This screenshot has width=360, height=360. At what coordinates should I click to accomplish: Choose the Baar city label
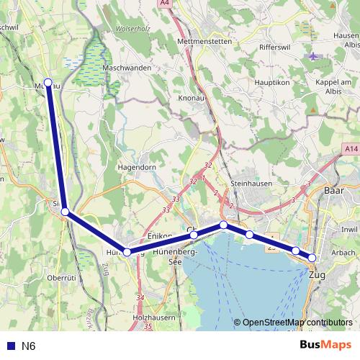[334, 191]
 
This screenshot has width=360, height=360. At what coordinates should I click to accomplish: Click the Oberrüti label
[61, 277]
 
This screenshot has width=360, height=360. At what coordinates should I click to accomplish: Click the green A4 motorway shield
[165, 4]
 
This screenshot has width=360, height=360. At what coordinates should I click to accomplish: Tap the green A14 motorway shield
[351, 148]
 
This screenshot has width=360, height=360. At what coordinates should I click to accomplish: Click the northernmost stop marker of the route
[48, 82]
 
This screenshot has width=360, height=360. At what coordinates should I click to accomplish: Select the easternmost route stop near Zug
[312, 258]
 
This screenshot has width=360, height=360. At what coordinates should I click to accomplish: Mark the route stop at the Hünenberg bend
[127, 252]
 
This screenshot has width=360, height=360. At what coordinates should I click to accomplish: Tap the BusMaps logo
[325, 345]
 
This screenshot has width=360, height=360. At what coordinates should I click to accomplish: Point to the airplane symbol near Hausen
[312, 55]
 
